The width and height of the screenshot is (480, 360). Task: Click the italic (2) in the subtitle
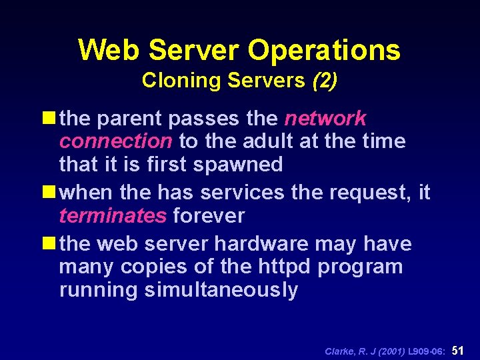coord(324,81)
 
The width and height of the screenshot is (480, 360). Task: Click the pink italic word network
coord(325,119)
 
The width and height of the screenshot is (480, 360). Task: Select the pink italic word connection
coord(115,141)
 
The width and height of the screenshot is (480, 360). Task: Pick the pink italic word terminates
coord(113,216)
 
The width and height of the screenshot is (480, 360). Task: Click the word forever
coord(209,216)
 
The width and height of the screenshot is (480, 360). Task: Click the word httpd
coord(281,267)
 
